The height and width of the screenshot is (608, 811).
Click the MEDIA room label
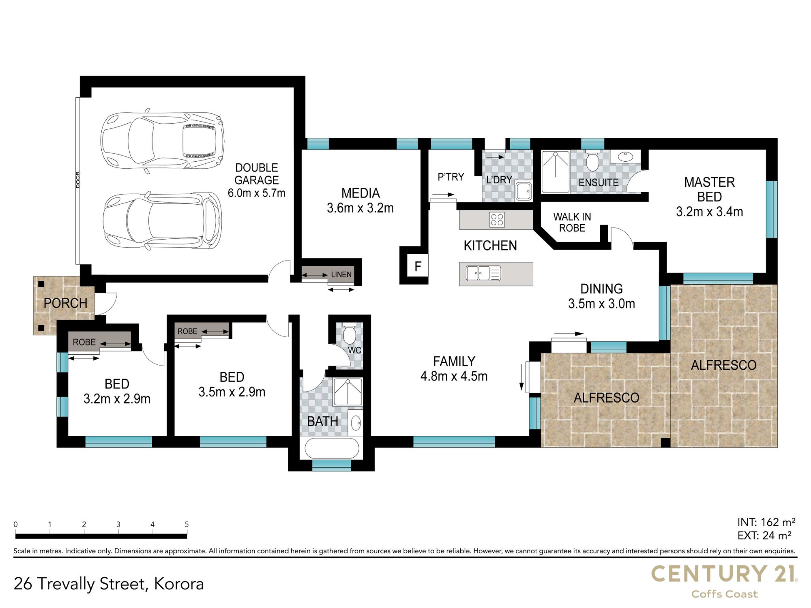360,193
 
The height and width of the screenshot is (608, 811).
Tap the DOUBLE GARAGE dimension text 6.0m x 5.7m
256,193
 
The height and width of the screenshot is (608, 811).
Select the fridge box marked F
418,266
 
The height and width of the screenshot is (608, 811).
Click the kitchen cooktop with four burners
497,220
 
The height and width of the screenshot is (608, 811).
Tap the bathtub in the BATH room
332,448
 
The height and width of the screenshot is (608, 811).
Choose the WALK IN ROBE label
572,223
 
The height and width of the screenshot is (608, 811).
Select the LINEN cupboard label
341,274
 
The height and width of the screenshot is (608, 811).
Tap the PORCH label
65,303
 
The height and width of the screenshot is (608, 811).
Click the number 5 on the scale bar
187,524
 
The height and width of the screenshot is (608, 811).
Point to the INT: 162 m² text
766,522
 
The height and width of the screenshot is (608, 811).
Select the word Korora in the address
179,584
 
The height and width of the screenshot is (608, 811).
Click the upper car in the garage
162,140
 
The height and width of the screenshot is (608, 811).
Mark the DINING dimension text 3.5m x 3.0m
601,303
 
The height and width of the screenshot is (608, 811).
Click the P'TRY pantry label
451,177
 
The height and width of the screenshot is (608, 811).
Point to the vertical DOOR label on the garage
78,180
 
